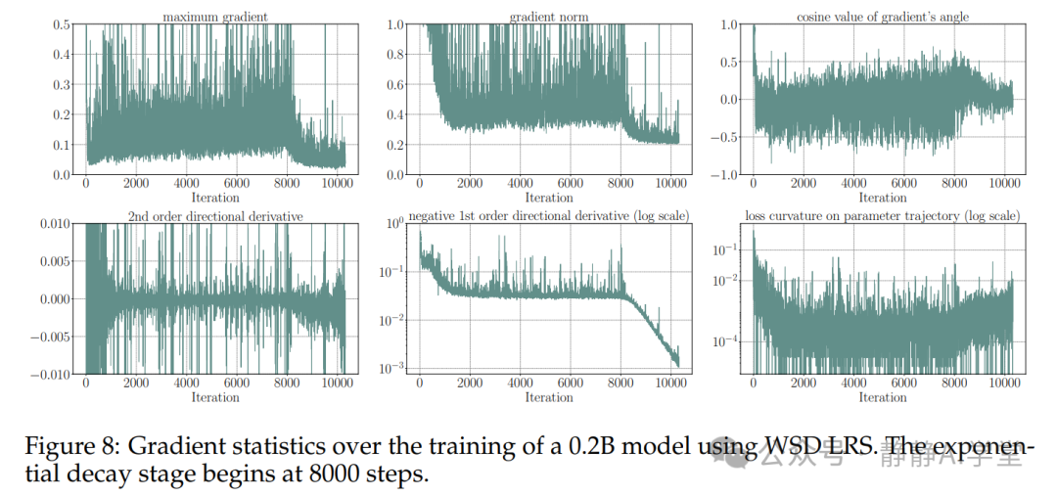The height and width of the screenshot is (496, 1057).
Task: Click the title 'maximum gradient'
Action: [x=215, y=17]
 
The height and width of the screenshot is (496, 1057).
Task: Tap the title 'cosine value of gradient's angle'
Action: [x=882, y=17]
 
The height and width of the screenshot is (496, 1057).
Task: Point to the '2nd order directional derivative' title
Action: [x=215, y=215]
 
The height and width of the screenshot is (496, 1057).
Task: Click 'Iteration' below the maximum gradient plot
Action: [x=215, y=198]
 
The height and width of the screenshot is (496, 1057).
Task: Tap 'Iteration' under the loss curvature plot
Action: [x=882, y=397]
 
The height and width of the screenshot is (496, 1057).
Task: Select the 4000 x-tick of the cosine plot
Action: [x=853, y=184]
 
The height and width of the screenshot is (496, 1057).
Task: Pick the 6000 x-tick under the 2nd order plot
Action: [x=237, y=383]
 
